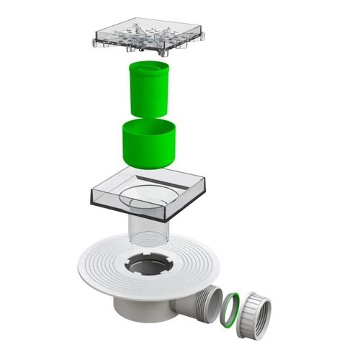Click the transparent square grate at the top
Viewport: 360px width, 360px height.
[148, 35]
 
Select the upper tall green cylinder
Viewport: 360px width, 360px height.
[149, 90]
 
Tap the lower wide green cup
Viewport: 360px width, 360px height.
[149, 144]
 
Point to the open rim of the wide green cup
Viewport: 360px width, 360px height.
[149, 127]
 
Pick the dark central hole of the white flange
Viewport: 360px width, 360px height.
[149, 266]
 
